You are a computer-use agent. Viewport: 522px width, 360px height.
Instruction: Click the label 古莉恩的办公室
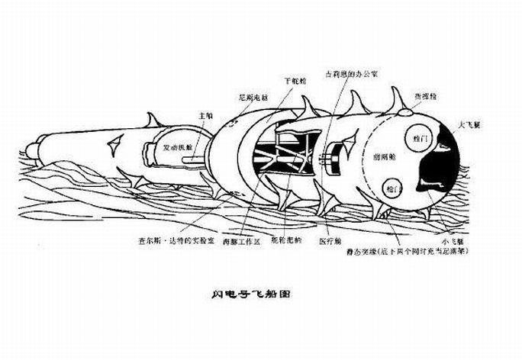[x=353, y=72]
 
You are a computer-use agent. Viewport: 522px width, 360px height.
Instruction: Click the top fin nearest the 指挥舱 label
[x=397, y=99]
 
